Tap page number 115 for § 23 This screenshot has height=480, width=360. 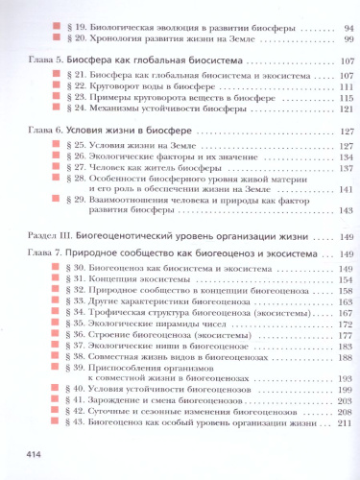click(x=346, y=99)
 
